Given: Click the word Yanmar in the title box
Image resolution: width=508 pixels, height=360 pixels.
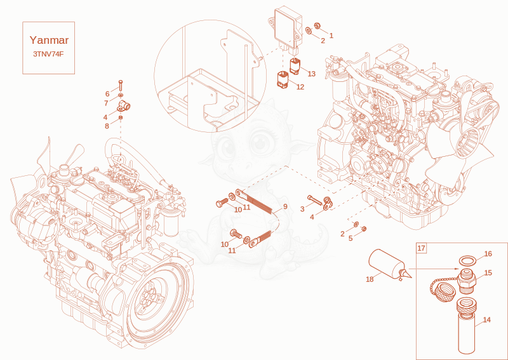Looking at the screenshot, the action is (x=49, y=40).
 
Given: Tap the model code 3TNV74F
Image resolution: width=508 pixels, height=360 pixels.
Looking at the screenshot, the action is (x=48, y=54).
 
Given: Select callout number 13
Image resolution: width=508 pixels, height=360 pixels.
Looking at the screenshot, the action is (x=311, y=74).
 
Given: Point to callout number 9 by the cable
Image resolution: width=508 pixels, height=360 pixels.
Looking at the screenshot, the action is (x=285, y=206).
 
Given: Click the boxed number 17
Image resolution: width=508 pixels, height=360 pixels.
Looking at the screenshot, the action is (x=421, y=248).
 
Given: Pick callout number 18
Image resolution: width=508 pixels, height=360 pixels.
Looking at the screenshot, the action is (x=370, y=279).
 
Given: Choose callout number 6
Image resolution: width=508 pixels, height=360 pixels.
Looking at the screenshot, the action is (x=107, y=94).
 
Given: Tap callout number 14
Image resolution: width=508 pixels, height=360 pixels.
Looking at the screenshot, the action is (x=486, y=320).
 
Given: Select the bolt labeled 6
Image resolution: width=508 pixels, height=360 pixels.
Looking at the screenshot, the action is (x=121, y=85).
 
